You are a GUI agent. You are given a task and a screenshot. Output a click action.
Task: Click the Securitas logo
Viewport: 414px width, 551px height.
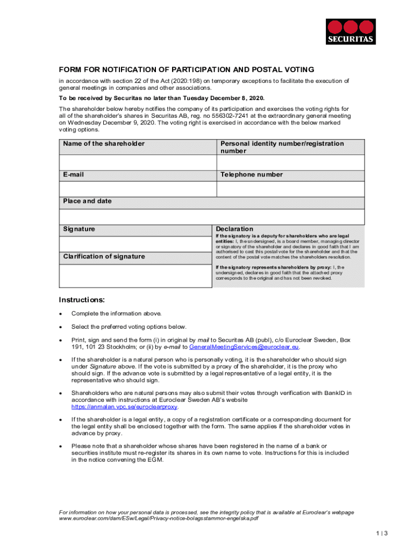[351, 32]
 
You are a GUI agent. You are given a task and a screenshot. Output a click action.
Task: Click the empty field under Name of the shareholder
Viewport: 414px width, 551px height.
[137, 163]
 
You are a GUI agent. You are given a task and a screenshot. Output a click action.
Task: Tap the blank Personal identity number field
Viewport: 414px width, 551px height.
[290, 163]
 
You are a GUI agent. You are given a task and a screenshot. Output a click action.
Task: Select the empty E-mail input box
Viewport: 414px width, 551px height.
[137, 189]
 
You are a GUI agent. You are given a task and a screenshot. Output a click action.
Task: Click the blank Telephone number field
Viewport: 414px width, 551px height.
[290, 189]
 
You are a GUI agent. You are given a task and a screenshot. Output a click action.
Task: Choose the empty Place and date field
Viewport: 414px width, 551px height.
[211, 216]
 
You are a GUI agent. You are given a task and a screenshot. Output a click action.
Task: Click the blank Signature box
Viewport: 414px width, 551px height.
[135, 243]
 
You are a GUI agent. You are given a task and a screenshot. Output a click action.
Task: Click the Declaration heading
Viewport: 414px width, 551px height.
[234, 229]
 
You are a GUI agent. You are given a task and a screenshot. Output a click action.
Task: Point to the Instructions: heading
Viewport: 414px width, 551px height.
[82, 300]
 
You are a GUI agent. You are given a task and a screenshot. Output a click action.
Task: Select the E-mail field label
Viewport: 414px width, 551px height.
[73, 175]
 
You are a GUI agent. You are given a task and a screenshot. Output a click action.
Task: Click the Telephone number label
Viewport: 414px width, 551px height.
[251, 175]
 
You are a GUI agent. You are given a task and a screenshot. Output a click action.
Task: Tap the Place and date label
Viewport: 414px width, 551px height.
[87, 201]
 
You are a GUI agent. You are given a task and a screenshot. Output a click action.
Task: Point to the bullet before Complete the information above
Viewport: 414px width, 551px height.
[61, 314]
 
